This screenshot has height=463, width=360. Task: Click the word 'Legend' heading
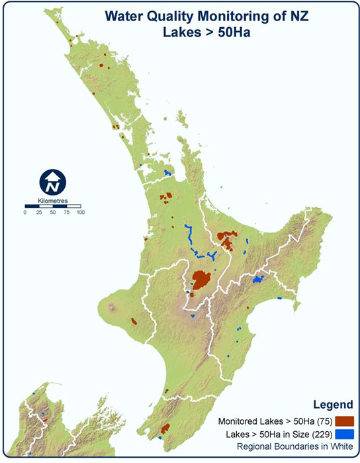[x=329, y=404]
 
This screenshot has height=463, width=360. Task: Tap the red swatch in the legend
[x=344, y=421]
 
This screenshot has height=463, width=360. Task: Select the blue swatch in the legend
[x=344, y=434]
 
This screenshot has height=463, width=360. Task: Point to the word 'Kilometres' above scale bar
[x=52, y=199]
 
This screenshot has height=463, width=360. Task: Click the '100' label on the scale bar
[x=79, y=213]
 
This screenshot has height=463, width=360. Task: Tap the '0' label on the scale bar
[x=25, y=213]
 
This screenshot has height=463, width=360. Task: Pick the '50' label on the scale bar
[x=52, y=213]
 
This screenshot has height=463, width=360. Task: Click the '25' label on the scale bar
[x=38, y=213]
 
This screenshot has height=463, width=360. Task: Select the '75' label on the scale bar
[x=66, y=213]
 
